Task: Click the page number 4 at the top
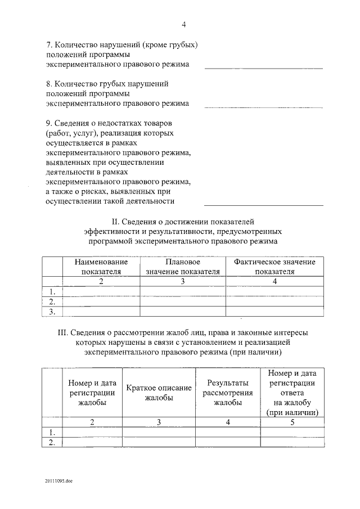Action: tap(183, 24)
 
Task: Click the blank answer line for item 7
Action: tap(263, 68)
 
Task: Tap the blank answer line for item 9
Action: tap(263, 205)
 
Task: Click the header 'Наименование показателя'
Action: tap(101, 267)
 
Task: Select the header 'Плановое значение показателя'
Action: tap(183, 267)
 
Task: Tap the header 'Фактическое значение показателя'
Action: tap(274, 267)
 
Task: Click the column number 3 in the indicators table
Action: tap(183, 281)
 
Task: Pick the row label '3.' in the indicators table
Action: tap(52, 311)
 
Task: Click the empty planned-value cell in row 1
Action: tap(183, 291)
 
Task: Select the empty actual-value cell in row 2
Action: tap(274, 301)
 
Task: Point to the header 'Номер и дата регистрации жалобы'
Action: tap(92, 393)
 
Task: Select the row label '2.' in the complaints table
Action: tap(52, 443)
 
